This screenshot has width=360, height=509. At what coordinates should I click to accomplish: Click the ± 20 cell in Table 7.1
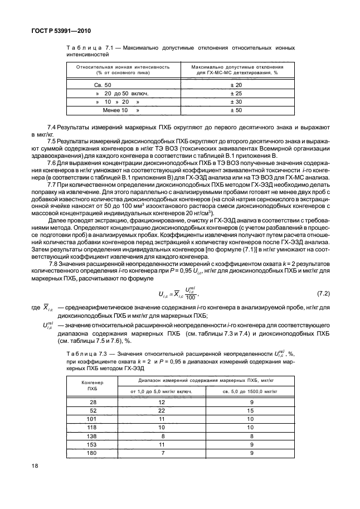[x=236, y=84]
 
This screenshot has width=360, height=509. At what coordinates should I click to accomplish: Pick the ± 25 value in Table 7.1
[x=236, y=93]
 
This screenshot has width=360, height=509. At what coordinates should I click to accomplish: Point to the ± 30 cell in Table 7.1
[x=236, y=102]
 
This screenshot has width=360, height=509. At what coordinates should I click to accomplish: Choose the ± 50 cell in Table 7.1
[x=236, y=111]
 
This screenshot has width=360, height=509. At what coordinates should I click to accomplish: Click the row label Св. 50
[x=103, y=84]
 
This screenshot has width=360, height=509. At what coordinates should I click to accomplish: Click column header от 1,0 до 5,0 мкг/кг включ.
[x=162, y=392]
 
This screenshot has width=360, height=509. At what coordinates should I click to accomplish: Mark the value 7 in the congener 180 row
[x=162, y=453]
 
